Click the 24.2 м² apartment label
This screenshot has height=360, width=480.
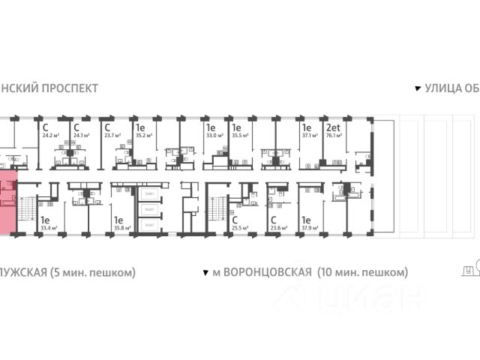51,136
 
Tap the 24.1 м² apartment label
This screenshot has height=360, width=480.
80,136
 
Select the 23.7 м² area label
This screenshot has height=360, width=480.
112,136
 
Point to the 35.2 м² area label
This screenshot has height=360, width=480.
144,136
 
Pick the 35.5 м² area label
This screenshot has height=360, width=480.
240,136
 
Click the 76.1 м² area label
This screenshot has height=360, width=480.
334,136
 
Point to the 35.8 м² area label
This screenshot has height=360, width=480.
122,228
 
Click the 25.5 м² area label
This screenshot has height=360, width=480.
240,228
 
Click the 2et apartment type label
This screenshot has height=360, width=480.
331,128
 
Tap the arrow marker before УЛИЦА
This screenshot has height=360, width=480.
418,88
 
